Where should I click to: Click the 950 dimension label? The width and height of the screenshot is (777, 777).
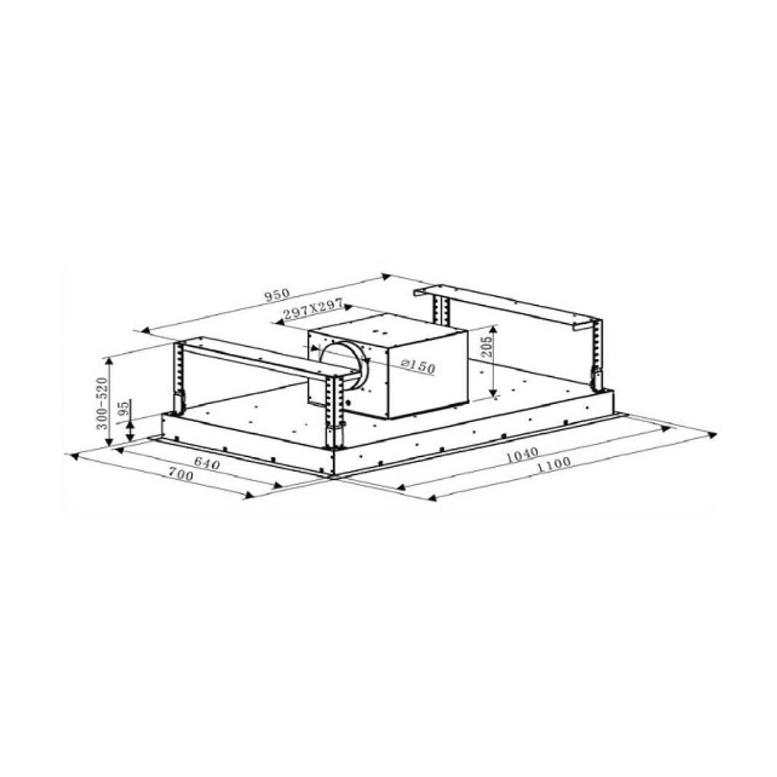[x=276, y=294]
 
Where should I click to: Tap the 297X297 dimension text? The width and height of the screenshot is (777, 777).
[x=313, y=309]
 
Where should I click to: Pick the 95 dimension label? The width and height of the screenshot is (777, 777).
[x=124, y=406]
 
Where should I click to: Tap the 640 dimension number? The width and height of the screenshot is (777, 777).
[x=206, y=463]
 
